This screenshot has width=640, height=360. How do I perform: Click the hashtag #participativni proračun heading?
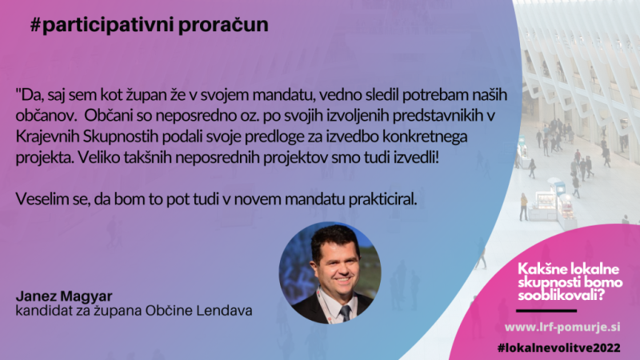(150, 26)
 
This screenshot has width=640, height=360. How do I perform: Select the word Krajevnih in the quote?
(47, 137)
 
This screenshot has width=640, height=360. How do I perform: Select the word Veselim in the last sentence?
(38, 199)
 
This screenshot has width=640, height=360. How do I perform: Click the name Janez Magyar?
(64, 296)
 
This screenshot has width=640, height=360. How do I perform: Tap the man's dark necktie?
(345, 313)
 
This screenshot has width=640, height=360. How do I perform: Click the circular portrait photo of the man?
(330, 273)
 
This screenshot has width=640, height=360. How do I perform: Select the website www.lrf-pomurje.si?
(562, 327)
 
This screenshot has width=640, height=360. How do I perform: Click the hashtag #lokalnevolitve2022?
(559, 348)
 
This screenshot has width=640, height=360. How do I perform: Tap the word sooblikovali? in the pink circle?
(562, 295)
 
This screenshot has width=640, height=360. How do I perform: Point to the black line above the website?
(546, 311)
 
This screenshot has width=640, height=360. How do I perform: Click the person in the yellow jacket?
(523, 206)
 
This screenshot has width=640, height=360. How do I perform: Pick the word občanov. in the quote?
(46, 116)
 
